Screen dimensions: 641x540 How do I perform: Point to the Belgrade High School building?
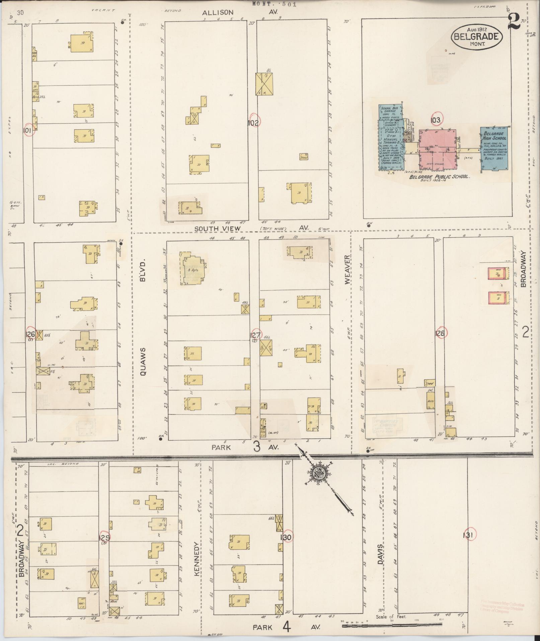(494, 149)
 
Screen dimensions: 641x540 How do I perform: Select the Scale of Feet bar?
(392, 625)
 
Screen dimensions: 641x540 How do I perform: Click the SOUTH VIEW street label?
(218, 228)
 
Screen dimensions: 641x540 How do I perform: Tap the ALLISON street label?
(218, 12)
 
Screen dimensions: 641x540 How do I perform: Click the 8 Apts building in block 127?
(192, 270)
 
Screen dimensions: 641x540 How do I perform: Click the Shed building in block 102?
(304, 157)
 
